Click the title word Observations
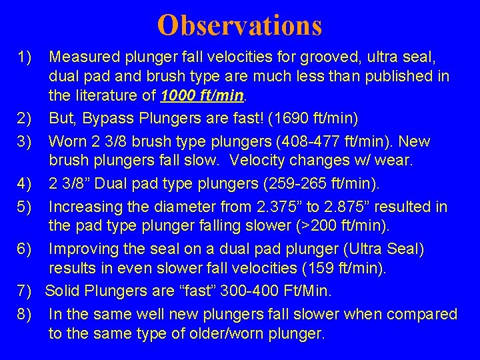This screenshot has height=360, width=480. pyautogui.click(x=240, y=25)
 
